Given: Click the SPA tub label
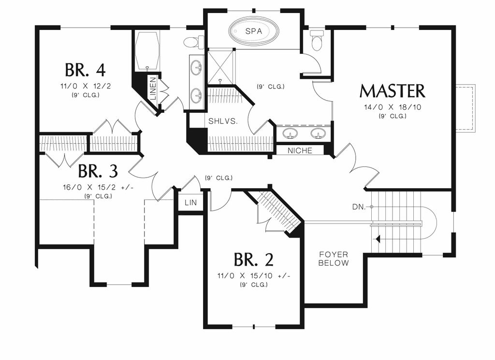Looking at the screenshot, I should [254, 31].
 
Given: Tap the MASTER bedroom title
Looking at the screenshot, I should [392, 91].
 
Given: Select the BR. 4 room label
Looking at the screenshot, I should [85, 70].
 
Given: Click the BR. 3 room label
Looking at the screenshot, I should [98, 171].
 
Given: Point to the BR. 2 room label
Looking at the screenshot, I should [253, 260].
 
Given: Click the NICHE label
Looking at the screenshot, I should [300, 150].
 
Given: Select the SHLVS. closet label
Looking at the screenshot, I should [223, 121].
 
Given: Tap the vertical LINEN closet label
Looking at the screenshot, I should [153, 89].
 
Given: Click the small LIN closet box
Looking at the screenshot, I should [190, 202].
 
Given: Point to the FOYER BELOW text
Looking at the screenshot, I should [334, 258].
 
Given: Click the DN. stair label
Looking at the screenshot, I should [359, 207].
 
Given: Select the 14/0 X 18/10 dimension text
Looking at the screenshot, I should [392, 107].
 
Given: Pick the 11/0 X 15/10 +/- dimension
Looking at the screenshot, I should [253, 276].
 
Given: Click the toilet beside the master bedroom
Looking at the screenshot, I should [317, 40].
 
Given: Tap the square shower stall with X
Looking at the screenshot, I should [220, 66].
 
